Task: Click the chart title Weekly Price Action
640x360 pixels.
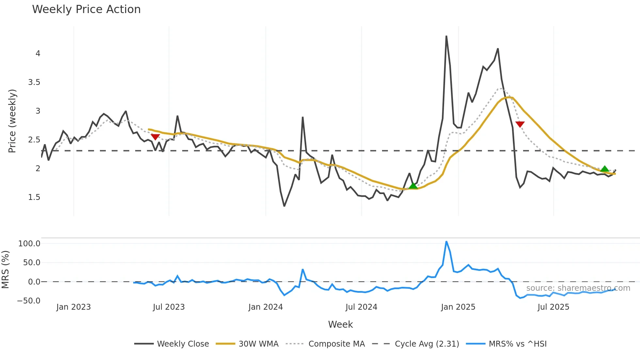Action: [86, 9]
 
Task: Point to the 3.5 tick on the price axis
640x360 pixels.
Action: [34, 82]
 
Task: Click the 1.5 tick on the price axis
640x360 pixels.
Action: [34, 197]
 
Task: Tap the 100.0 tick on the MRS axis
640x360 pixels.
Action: [29, 244]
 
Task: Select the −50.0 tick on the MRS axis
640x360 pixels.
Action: [29, 301]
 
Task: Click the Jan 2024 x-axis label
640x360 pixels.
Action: [265, 307]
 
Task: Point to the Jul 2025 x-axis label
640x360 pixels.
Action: [553, 307]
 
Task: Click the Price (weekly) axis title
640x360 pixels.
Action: [12, 121]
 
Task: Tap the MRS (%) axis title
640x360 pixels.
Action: [5, 270]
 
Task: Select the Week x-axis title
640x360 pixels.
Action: [340, 324]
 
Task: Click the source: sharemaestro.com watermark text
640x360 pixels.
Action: [578, 288]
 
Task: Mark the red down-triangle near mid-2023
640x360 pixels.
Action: [155, 137]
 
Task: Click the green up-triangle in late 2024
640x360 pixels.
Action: [413, 186]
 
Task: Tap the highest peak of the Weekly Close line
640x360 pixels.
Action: [446, 36]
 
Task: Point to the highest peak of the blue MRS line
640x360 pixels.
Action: [446, 242]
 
